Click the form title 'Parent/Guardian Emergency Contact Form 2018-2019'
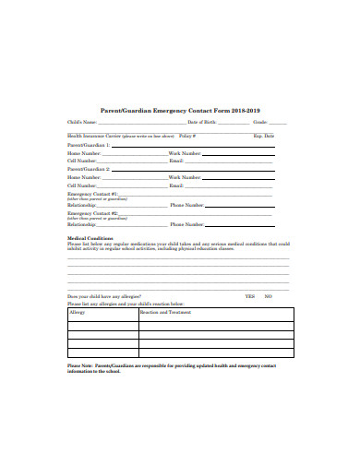point(180,107)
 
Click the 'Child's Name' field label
point(81,122)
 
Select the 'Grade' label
point(259,122)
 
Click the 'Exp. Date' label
point(264,135)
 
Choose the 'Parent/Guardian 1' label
point(88,145)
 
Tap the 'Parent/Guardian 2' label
point(88,170)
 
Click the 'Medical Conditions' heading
point(90,238)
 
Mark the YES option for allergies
point(249,295)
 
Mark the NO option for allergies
point(268,295)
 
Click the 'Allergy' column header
point(78,313)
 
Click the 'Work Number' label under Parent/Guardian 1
point(184,152)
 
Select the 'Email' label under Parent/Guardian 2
point(176,185)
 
